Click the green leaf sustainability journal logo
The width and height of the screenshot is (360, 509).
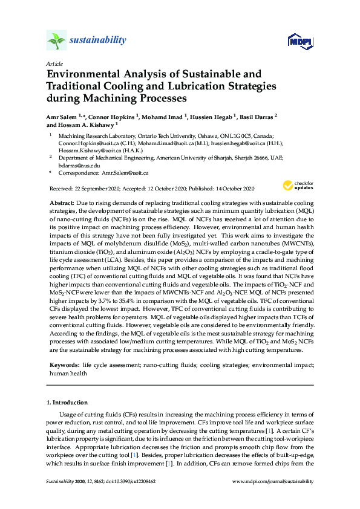click(56, 41)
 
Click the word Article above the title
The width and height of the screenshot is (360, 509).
click(53, 63)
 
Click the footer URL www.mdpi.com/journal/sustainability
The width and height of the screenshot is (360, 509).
click(273, 481)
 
